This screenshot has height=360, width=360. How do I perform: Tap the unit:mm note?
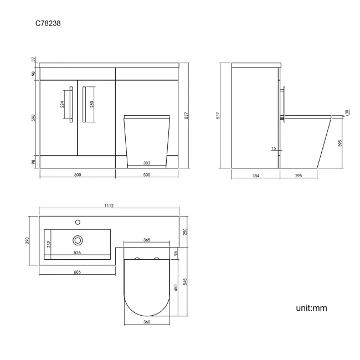(311, 307)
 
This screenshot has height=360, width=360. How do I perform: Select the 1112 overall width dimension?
(109, 206)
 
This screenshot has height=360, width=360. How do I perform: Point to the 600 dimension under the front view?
(78, 175)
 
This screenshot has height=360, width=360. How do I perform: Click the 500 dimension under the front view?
(147, 175)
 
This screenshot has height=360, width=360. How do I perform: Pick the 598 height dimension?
(34, 119)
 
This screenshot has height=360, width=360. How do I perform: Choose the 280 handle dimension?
(91, 104)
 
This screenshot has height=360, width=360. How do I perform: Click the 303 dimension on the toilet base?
(147, 163)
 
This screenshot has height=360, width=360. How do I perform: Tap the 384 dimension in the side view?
(255, 175)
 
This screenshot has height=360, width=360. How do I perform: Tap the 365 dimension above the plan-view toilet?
(147, 240)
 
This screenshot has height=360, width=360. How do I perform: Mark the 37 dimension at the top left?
(34, 58)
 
